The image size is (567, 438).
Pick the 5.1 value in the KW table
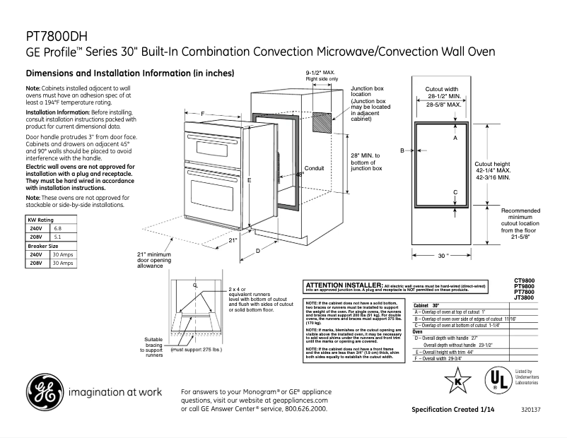pyautogui.click(x=58, y=238)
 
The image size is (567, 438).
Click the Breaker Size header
pyautogui.click(x=43, y=246)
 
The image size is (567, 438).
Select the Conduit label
pyautogui.click(x=314, y=169)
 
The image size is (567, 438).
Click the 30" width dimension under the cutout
pyautogui.click(x=443, y=256)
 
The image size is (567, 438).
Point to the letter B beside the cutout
pyautogui.click(x=402, y=150)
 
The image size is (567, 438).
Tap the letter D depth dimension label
pyautogui.click(x=258, y=251)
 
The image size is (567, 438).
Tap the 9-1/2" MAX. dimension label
pyautogui.click(x=320, y=73)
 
